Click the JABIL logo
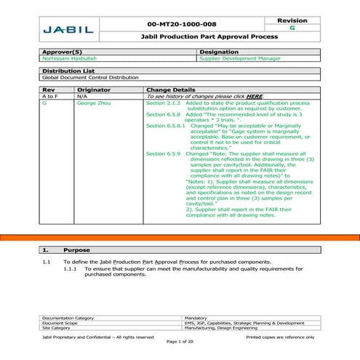coord(68,30)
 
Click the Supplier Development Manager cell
coord(232,60)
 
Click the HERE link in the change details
coord(254,96)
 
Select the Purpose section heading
coord(76,249)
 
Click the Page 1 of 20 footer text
coord(180,341)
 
